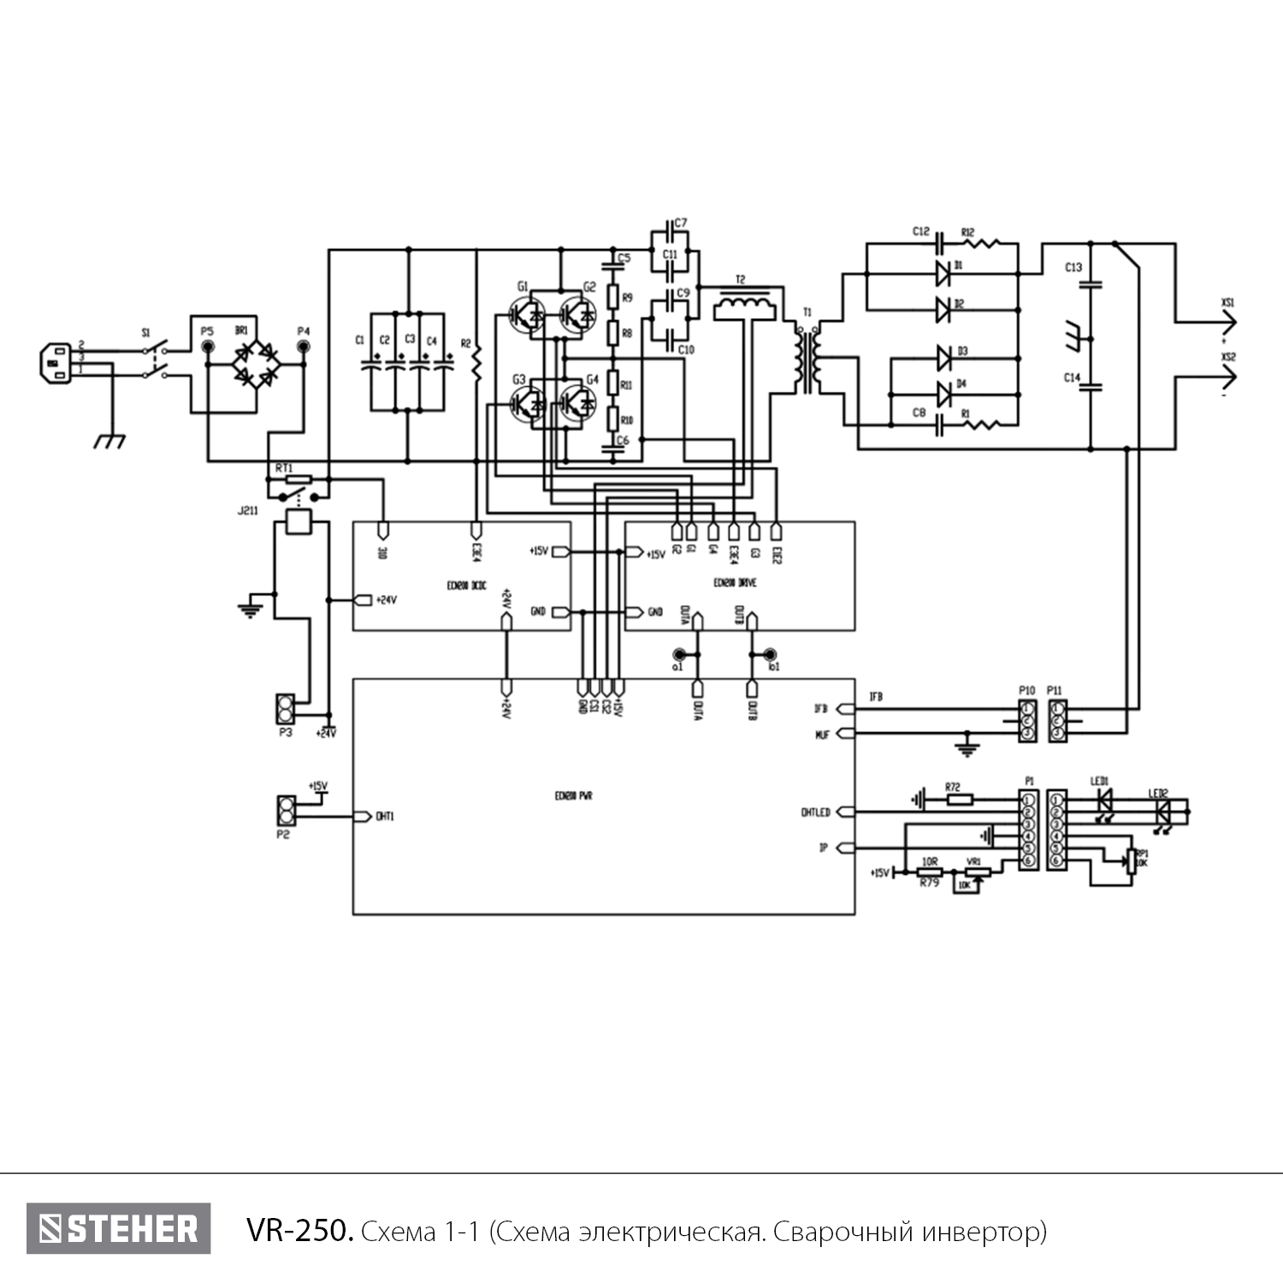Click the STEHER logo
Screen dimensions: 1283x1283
[x=118, y=1229]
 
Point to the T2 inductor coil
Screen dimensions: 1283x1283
[x=744, y=304]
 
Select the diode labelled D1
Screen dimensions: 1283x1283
[x=943, y=274]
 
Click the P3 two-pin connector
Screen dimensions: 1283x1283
[x=286, y=709]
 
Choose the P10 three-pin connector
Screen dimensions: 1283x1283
[x=1027, y=720]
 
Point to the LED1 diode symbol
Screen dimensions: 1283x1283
[x=1103, y=801]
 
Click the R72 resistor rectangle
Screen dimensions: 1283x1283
[x=959, y=800]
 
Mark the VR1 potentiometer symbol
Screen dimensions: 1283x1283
[x=973, y=872]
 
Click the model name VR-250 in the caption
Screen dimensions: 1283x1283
[x=299, y=1231]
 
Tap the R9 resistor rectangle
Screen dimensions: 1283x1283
[x=613, y=297]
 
